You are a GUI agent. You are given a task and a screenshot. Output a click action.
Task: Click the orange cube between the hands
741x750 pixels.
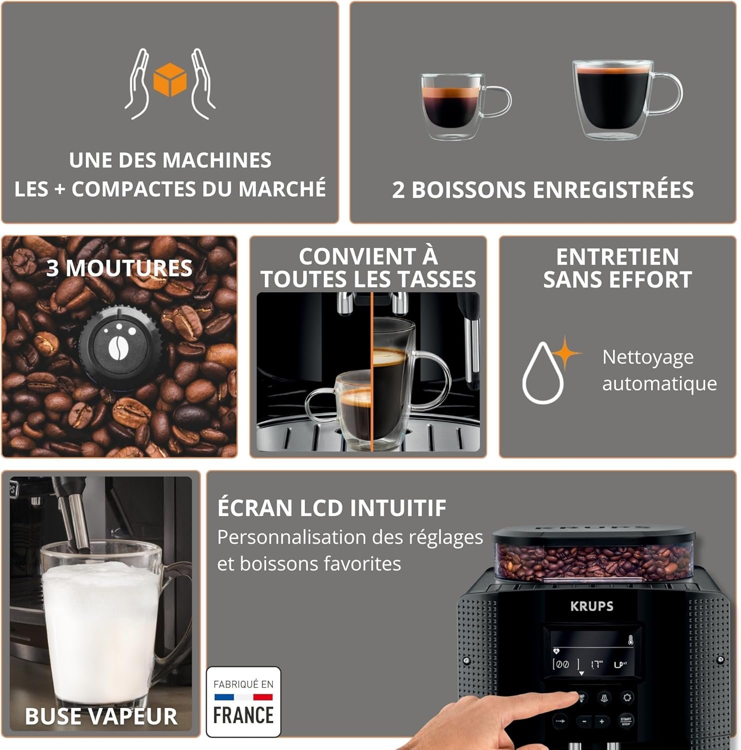click(x=170, y=79)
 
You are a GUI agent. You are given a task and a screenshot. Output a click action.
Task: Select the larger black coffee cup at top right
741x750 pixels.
click(x=612, y=99)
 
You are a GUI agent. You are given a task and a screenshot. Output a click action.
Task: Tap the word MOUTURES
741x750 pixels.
click(x=129, y=268)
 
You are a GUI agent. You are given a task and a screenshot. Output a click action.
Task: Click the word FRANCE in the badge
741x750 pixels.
click(x=243, y=715)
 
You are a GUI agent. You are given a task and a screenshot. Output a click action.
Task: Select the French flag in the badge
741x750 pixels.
click(x=243, y=696)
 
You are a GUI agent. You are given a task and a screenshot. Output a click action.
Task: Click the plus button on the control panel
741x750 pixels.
click(x=602, y=721)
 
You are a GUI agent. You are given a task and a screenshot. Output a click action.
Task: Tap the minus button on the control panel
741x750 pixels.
click(x=584, y=721)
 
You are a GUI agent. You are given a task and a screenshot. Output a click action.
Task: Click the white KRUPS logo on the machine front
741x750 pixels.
click(x=592, y=606)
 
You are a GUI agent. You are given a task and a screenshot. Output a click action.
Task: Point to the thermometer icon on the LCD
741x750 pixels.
click(x=631, y=640)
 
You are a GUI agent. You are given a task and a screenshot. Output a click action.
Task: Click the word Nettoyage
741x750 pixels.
click(x=648, y=357)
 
